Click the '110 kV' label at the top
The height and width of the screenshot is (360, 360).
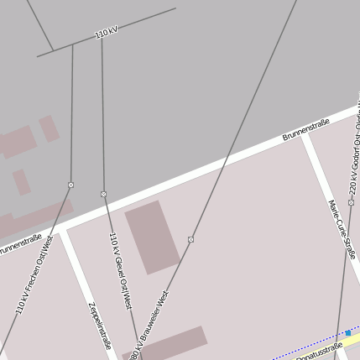(106, 34)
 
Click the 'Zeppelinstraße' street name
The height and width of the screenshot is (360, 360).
(99, 324)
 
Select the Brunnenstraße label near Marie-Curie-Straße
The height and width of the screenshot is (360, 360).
(305, 128)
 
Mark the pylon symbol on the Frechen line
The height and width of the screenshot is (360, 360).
(70, 185)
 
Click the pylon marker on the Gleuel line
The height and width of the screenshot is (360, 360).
(103, 194)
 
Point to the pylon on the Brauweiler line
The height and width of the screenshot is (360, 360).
(191, 239)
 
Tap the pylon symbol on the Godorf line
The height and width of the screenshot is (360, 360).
(351, 202)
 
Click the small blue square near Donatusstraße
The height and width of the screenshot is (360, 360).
(348, 333)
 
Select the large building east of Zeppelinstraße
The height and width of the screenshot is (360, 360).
(153, 237)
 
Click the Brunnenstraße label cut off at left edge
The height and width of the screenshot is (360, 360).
(18, 247)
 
